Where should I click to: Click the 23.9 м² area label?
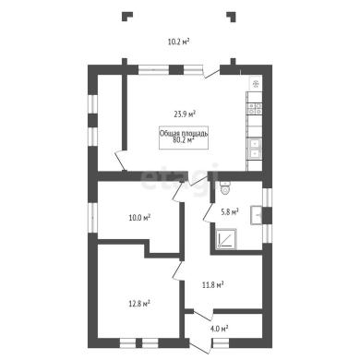click(186, 114)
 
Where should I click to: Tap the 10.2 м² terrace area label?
click(178, 42)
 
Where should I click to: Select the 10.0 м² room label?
click(139, 218)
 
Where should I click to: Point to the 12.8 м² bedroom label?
click(139, 304)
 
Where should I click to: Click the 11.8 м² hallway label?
click(212, 284)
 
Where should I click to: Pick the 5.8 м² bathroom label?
click(230, 211)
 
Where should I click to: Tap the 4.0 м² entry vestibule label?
click(219, 329)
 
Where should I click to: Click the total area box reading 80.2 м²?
click(184, 138)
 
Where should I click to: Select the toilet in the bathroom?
click(225, 187)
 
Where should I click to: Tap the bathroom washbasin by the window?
click(257, 215)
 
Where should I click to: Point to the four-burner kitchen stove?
click(256, 108)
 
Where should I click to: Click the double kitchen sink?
click(255, 149)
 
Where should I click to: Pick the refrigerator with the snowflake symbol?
click(256, 83)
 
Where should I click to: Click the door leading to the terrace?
click(211, 74)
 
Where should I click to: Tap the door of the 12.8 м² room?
click(177, 270)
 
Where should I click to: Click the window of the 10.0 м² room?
click(93, 218)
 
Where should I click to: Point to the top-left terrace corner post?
click(126, 16)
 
